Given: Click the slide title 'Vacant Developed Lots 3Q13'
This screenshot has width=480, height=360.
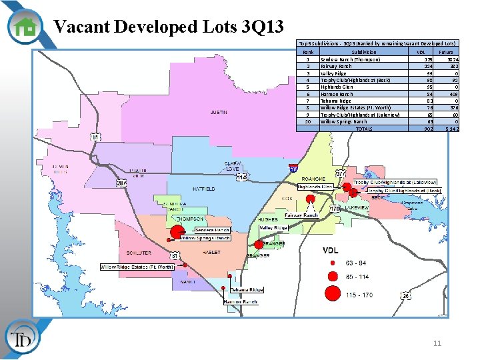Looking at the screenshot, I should [169, 27].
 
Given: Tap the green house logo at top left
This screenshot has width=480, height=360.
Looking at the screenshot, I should [25, 26].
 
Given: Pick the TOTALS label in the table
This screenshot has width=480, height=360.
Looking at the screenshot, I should [364, 129].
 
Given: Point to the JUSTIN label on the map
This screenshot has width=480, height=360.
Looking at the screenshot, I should [218, 113].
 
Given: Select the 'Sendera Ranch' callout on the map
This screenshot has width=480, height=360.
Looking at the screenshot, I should [212, 230].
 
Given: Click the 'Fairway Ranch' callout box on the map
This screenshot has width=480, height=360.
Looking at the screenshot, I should [301, 215].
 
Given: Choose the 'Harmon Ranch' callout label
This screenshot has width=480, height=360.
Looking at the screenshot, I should [241, 302].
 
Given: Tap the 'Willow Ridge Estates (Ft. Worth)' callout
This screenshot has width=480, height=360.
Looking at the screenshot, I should [137, 267].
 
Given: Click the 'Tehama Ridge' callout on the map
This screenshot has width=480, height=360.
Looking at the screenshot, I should [247, 290].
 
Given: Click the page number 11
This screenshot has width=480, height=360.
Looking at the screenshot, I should [437, 343].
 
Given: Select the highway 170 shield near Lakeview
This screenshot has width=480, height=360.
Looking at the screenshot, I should [335, 209].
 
